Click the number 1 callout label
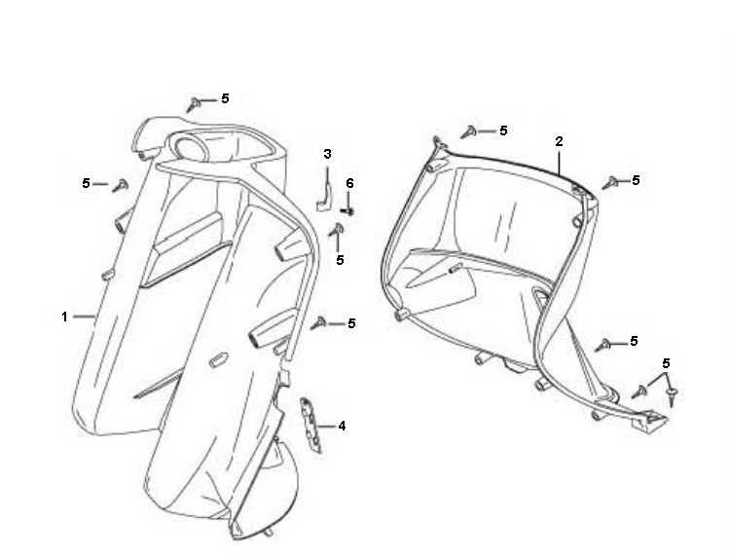point(64,317)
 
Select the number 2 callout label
point(559,141)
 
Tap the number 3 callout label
point(327,154)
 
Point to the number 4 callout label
point(342,426)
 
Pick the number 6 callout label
point(349,183)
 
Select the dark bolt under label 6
point(347,211)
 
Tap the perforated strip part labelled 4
point(311,425)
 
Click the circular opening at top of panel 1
point(192,148)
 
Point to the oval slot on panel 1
point(218,360)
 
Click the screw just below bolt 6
point(337,229)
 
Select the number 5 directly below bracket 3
point(340,260)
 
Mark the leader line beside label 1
point(85,317)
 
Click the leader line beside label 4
point(326,426)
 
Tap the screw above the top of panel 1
point(194,104)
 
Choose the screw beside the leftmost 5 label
point(121,185)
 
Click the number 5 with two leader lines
point(666,363)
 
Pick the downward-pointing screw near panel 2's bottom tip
point(671,396)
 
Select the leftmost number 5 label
point(86,183)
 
